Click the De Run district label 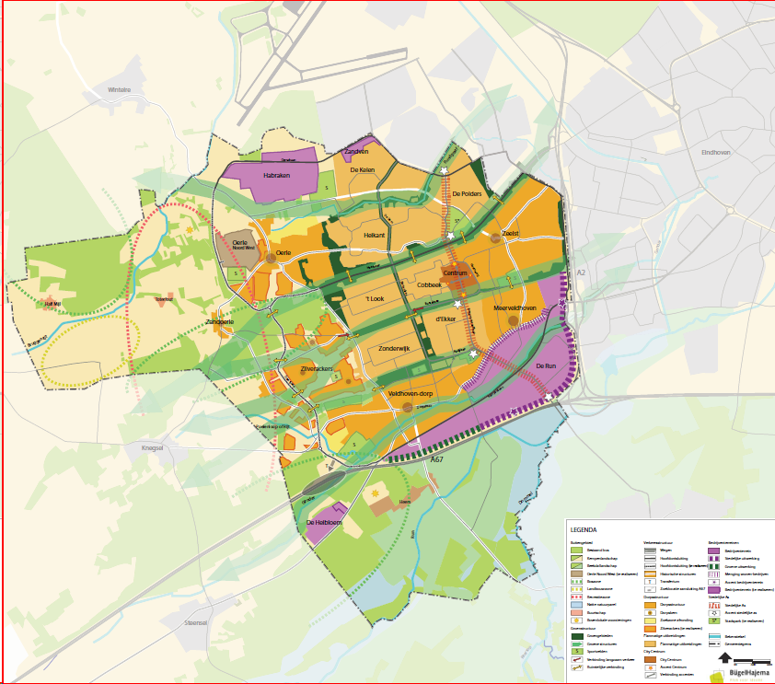pos(547,366)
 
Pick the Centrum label pos(457,273)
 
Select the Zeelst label pos(510,234)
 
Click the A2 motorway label pos(580,273)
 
